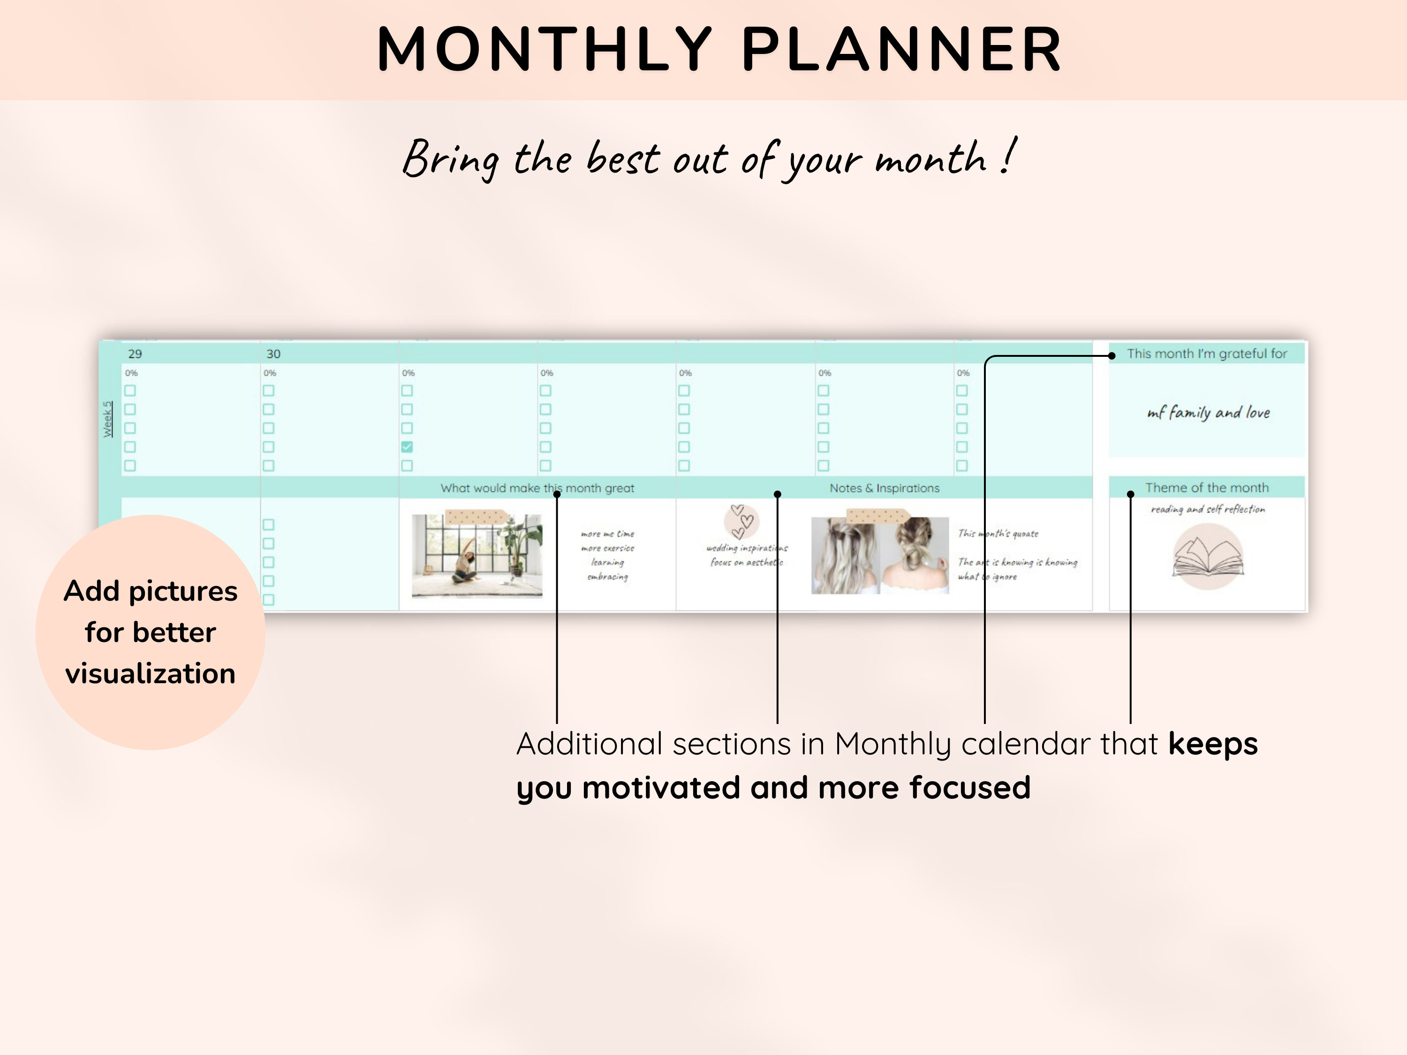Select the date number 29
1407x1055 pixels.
coord(135,354)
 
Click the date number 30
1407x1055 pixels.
coord(273,354)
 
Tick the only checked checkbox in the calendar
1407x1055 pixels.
coord(407,447)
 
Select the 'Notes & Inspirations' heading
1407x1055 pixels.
coord(884,488)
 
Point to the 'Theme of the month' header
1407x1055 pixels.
coord(1207,488)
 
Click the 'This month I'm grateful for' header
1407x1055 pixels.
coord(1207,354)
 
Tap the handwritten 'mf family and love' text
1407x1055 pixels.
coord(1208,413)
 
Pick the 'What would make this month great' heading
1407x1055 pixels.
coord(537,488)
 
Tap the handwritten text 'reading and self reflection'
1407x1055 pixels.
coord(1207,509)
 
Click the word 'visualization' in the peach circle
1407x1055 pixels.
coord(150,673)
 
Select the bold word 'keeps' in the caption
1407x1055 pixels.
coord(1212,743)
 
